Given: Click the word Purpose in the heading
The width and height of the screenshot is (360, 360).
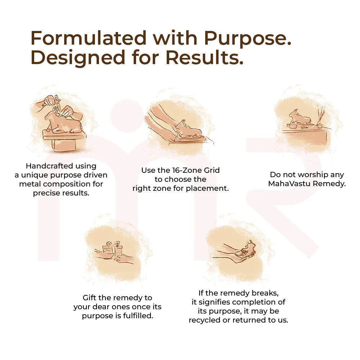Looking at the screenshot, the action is tap(248, 38).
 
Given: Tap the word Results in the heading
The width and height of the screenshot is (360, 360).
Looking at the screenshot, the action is tap(204, 57).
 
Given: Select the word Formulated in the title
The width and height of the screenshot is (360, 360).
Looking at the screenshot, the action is tap(89, 38).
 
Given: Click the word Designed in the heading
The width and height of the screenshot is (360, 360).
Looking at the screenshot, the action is tap(78, 58).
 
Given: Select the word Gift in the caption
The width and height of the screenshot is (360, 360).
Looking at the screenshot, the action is tap(89, 298).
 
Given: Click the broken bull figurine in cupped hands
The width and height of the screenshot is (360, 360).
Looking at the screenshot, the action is tap(248, 249).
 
